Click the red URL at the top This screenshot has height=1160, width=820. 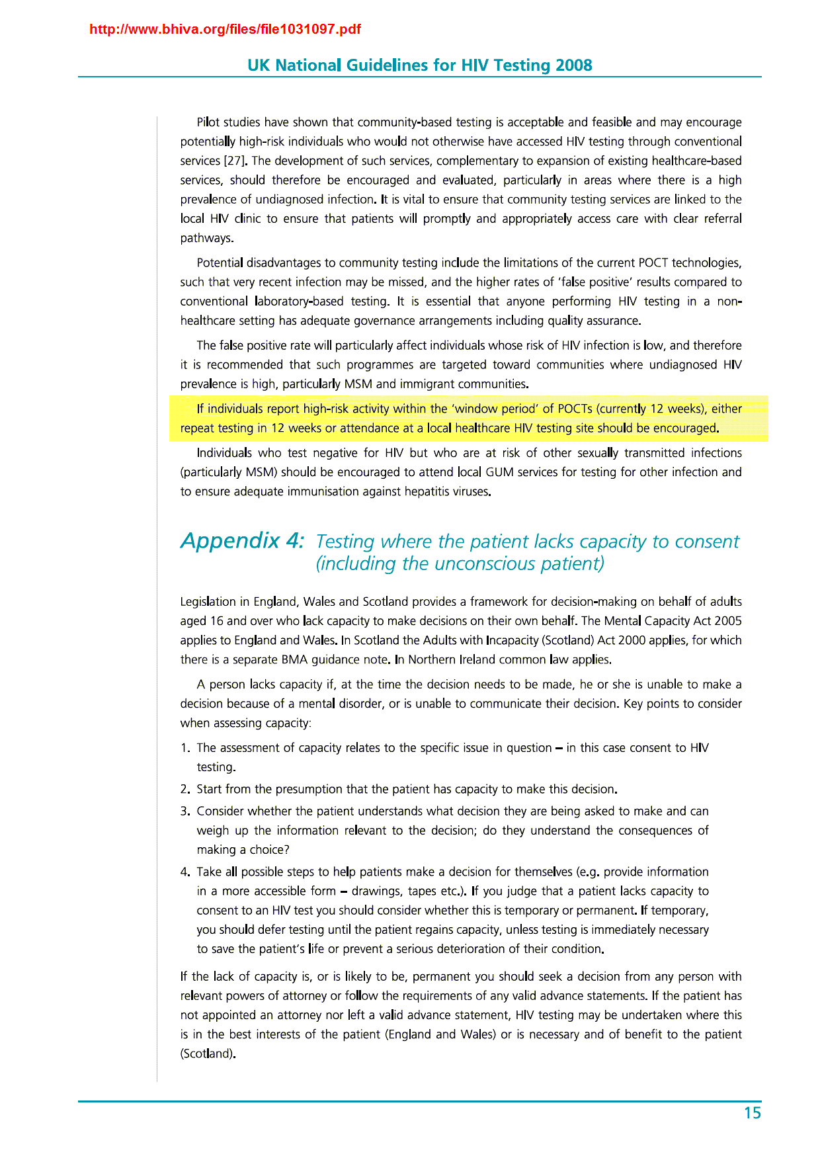coord(225,30)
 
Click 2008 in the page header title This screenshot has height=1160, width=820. coord(573,65)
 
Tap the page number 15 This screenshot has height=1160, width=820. coord(753,1113)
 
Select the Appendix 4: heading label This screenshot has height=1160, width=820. coord(242,541)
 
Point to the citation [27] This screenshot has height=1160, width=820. coord(235,161)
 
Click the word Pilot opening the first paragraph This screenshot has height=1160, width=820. coord(209,122)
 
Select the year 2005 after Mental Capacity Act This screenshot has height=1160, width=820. coord(727,621)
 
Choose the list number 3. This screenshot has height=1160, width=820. coord(184,811)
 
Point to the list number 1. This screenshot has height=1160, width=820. coord(184,748)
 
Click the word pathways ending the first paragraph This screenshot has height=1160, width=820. coord(206,238)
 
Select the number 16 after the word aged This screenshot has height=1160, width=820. coord(216,621)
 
